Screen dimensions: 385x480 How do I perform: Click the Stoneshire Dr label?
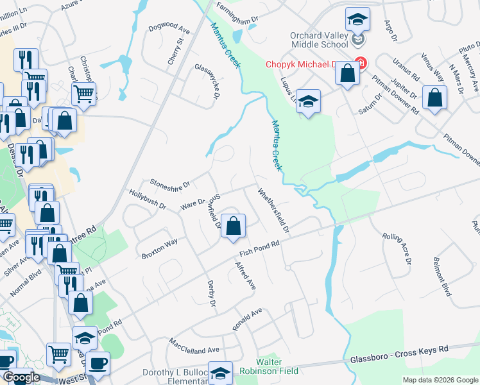pos(170,184)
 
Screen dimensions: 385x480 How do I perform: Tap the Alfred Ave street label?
pos(246,275)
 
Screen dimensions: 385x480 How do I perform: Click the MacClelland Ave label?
pos(194,347)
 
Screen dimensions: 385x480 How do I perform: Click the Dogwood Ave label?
pos(169,29)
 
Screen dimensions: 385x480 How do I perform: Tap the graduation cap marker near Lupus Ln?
pos(309,101)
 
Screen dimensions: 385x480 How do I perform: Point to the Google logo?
pos(21,377)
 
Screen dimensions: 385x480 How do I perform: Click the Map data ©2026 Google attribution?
pos(440,380)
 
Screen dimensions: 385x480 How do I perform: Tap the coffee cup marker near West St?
pos(98,363)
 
